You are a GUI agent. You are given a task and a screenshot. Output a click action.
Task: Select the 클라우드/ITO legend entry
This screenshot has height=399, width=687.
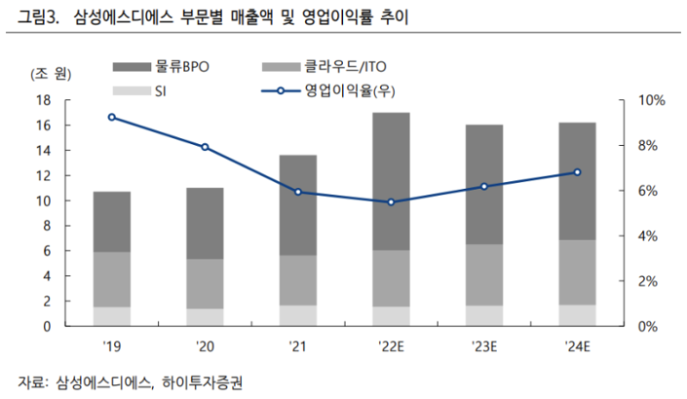(x=325, y=65)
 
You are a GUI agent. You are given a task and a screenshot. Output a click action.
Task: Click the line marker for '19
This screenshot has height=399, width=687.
(x=112, y=117)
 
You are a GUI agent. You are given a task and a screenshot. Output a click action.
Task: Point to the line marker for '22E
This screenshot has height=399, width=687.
(x=391, y=202)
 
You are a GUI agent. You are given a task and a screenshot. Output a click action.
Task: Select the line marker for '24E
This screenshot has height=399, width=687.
(x=577, y=172)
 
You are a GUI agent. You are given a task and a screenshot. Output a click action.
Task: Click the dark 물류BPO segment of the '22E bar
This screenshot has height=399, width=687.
(x=391, y=181)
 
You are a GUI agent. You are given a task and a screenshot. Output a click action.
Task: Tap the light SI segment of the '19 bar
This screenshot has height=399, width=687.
(x=112, y=316)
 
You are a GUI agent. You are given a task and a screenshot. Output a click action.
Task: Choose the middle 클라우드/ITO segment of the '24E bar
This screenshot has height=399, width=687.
(x=577, y=272)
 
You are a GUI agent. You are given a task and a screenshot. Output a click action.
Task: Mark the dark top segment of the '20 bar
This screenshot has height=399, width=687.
(x=205, y=223)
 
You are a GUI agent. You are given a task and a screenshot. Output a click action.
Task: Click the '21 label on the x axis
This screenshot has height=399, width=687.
(x=298, y=345)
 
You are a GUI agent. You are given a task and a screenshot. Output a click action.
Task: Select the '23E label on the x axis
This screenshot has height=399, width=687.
(x=484, y=345)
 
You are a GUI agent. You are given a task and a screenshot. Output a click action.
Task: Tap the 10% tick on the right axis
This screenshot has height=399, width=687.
(x=646, y=100)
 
